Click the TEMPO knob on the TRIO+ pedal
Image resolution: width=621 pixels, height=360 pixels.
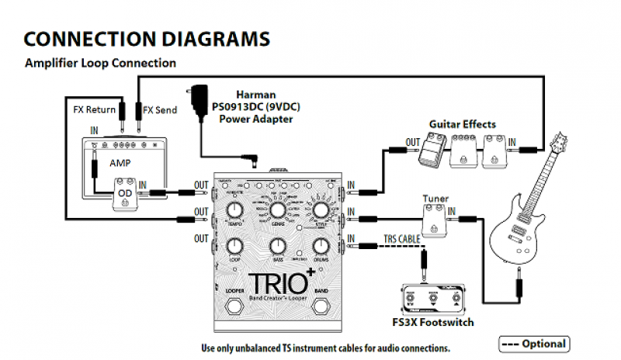tap(234, 212)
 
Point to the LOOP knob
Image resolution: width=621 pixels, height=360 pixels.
tap(234, 247)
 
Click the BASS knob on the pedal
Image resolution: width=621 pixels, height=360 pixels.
tap(277, 247)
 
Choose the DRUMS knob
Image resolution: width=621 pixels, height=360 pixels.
tap(320, 247)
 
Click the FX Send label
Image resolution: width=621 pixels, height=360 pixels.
tap(159, 109)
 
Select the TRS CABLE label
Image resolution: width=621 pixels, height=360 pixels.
tap(403, 238)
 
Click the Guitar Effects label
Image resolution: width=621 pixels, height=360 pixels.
tap(462, 123)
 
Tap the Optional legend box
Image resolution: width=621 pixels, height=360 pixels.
tap(533, 343)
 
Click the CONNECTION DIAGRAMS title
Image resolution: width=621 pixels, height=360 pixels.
tap(147, 38)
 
